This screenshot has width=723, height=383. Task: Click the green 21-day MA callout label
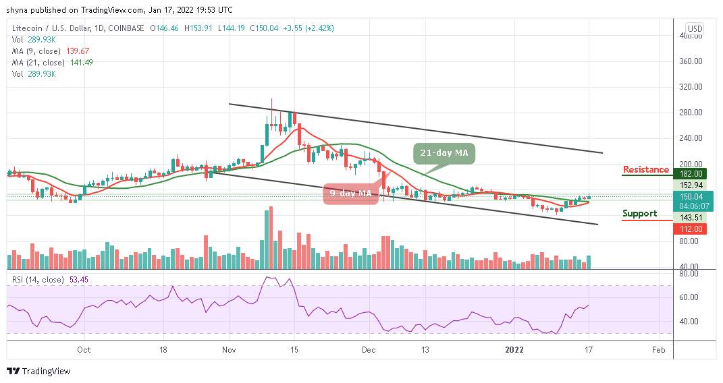pos(444,153)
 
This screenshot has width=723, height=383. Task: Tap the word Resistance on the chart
pos(645,170)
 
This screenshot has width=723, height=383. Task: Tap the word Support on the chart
pos(639,214)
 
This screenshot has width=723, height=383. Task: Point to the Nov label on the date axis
pos(229,350)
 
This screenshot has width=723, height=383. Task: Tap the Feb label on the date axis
pos(660,350)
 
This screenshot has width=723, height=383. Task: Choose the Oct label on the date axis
pos(84,350)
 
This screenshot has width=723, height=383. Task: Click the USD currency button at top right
pos(694,29)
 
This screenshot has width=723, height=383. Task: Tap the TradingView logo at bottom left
pos(38,371)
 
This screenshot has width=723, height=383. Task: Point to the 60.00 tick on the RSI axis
pos(691,297)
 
